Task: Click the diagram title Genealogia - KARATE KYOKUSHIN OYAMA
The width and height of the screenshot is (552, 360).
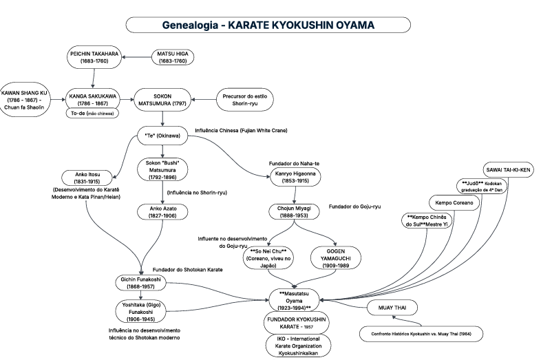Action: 268,25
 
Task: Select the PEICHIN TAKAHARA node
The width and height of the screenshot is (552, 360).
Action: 94,57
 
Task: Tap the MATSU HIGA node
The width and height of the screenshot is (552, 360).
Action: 173,57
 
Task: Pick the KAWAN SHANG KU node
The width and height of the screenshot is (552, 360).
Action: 24,100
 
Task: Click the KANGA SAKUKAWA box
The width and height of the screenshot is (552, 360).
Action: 93,100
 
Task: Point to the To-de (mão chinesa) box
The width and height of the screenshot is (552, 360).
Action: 92,114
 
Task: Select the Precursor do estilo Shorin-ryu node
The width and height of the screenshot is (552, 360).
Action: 244,100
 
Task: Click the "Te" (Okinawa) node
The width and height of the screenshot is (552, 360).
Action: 162,136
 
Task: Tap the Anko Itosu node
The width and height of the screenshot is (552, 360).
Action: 87,178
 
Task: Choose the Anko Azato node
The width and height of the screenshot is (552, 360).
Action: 162,212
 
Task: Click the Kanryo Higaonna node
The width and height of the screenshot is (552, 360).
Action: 295,177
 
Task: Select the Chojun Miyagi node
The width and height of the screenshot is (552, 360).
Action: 294,212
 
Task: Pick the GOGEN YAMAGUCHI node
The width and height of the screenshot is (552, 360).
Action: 335,258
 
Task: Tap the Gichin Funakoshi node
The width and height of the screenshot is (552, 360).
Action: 141,283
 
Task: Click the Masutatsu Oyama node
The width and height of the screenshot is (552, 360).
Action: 294,301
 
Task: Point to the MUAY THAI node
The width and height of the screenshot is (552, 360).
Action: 392,308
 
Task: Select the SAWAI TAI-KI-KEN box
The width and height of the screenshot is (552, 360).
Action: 508,169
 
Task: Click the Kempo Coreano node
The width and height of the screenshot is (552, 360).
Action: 454,202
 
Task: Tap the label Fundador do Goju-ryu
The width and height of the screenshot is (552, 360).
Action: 355,207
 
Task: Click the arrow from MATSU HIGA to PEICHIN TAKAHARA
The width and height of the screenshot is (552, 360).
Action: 136,57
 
